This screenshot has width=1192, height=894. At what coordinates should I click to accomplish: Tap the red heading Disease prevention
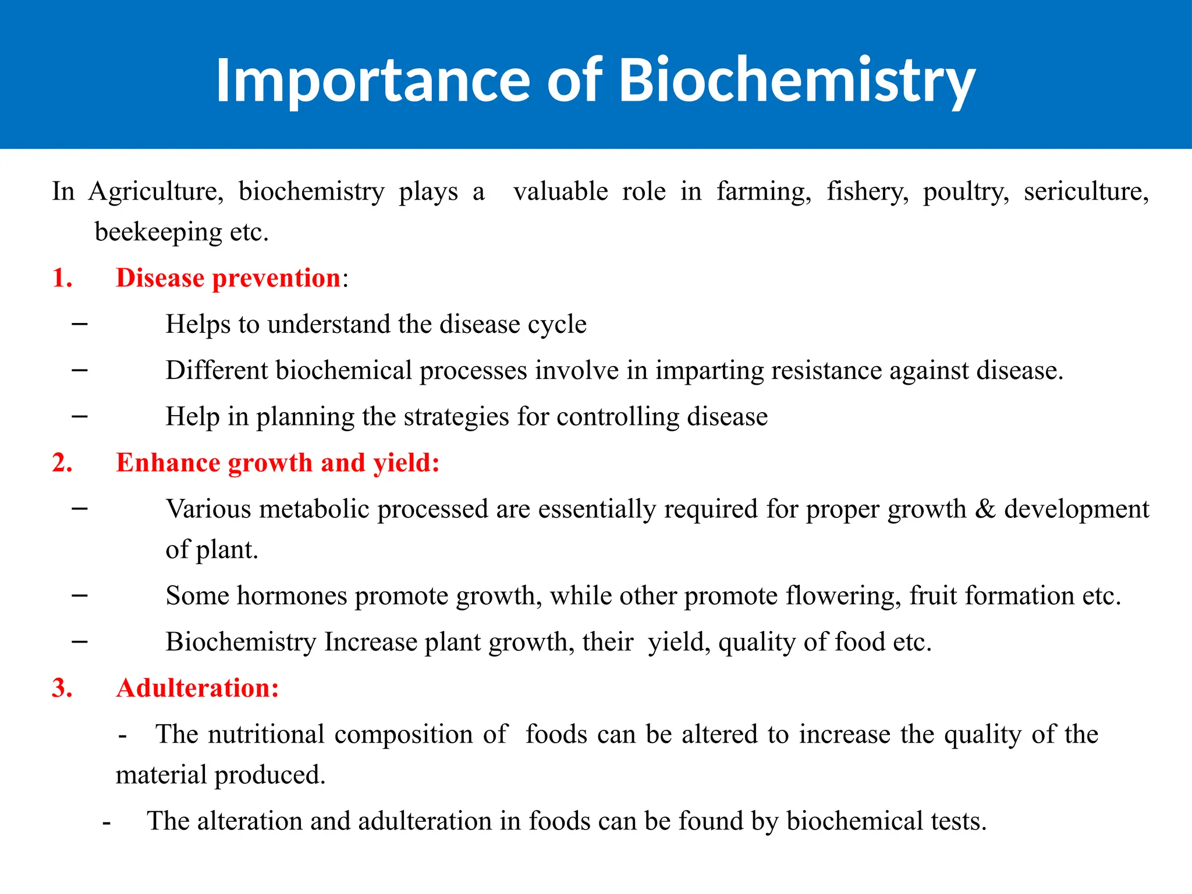pyautogui.click(x=228, y=278)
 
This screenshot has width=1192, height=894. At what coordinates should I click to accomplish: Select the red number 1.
pyautogui.click(x=62, y=278)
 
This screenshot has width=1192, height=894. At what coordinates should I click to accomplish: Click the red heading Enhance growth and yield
pyautogui.click(x=277, y=463)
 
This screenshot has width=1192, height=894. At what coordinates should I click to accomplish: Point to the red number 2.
pyautogui.click(x=62, y=463)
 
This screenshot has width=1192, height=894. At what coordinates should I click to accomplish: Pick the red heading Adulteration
pyautogui.click(x=197, y=688)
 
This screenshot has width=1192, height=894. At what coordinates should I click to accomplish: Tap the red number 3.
pyautogui.click(x=62, y=688)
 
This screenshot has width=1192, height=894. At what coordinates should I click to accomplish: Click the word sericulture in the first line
pyautogui.click(x=1086, y=191)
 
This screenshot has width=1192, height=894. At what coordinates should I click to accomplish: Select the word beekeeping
pyautogui.click(x=158, y=232)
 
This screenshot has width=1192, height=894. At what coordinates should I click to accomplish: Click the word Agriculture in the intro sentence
pyautogui.click(x=155, y=191)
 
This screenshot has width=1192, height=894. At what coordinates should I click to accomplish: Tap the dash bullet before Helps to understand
pyautogui.click(x=80, y=324)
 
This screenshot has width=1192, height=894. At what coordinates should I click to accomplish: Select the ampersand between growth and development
pyautogui.click(x=985, y=509)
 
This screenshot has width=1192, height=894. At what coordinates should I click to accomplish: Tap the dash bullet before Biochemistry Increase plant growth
pyautogui.click(x=80, y=641)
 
